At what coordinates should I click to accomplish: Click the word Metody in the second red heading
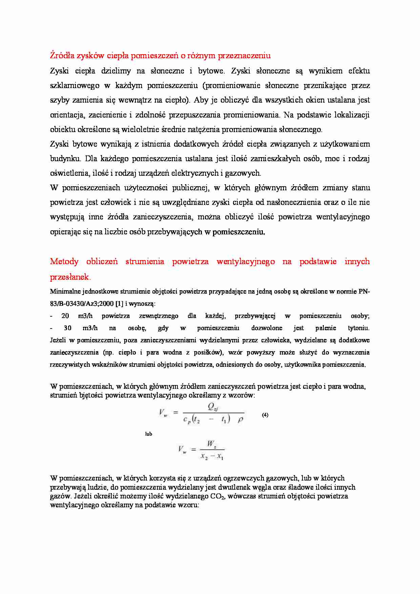pos(64,261)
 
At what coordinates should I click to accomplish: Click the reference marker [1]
pos(119,303)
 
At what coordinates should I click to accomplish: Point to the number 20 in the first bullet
pos(65,316)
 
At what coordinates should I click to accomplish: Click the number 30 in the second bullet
pos(67,328)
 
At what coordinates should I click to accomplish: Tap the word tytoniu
pos(359,328)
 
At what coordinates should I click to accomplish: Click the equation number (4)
pos(265,415)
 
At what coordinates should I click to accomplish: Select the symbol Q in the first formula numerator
pos(211,407)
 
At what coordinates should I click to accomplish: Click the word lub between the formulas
pos(148,434)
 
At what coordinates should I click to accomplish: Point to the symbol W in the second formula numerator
pos(211,443)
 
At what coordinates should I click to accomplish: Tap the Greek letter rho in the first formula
pos(240,420)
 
